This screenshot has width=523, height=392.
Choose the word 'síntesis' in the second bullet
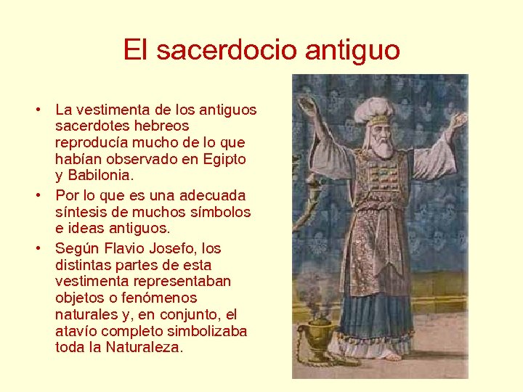pos(81,212)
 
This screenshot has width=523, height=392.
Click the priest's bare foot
pos(392,356)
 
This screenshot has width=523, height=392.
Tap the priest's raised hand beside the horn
pos(307,107)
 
